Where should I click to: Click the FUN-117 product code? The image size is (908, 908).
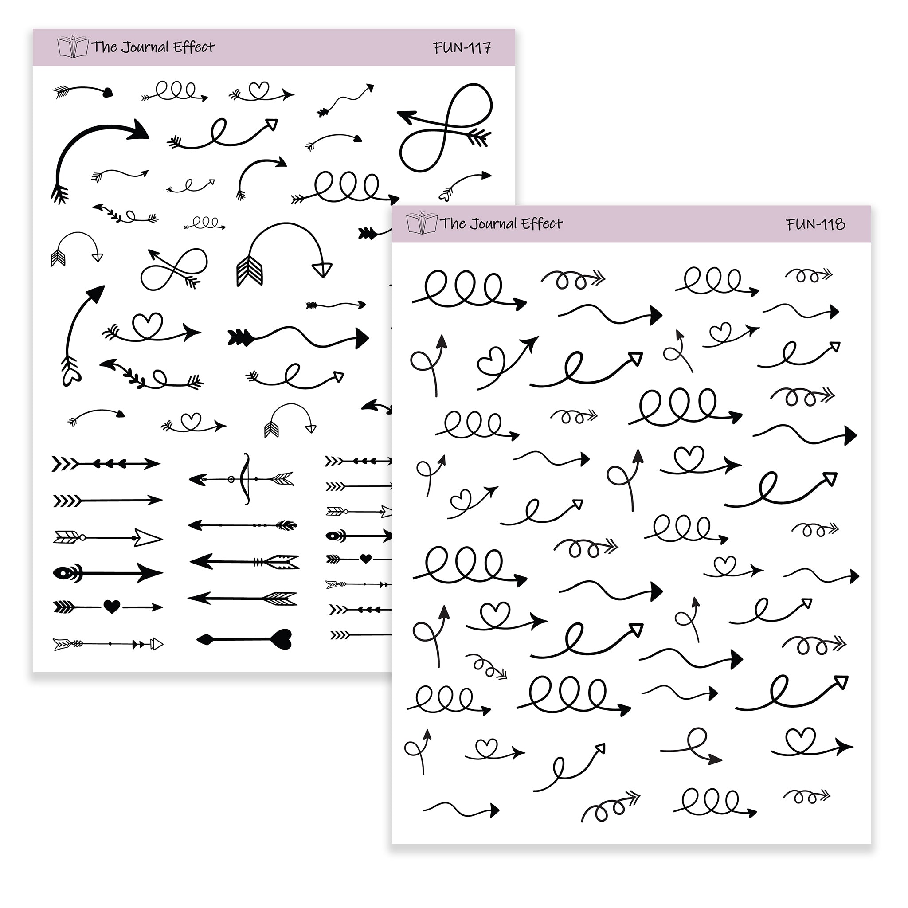pos(462,47)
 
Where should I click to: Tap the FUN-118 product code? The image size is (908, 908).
pos(816,224)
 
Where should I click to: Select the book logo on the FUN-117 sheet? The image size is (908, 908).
pos(73,46)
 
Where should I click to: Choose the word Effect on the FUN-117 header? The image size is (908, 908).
pos(194,47)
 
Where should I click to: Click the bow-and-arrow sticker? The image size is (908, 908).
pos(242,479)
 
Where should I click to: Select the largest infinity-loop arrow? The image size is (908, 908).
pos(445,127)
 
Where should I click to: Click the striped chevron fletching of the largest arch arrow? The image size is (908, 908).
pos(249,270)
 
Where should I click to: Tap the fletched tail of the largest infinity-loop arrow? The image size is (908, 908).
pos(477,136)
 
